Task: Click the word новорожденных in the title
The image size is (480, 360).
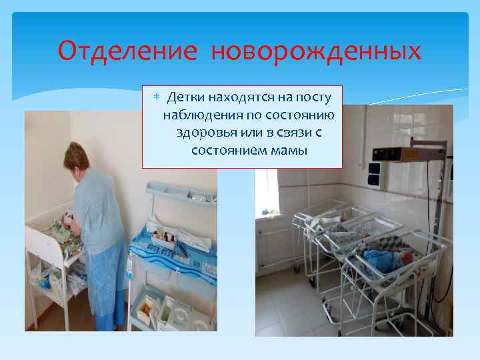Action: [317, 51]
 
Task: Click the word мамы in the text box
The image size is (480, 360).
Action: [289, 149]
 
